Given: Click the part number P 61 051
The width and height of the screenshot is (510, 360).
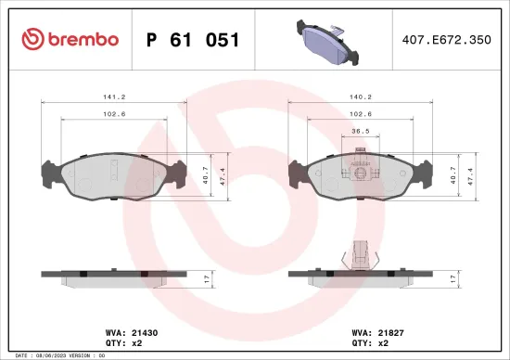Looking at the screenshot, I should (x=193, y=40).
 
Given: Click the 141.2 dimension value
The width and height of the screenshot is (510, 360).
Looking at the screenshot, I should (x=115, y=96).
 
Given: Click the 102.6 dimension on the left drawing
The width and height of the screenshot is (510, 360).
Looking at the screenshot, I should (x=115, y=113).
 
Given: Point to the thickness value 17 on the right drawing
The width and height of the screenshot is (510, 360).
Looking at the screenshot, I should (x=454, y=278).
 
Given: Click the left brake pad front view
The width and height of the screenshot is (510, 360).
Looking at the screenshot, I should (x=113, y=176).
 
